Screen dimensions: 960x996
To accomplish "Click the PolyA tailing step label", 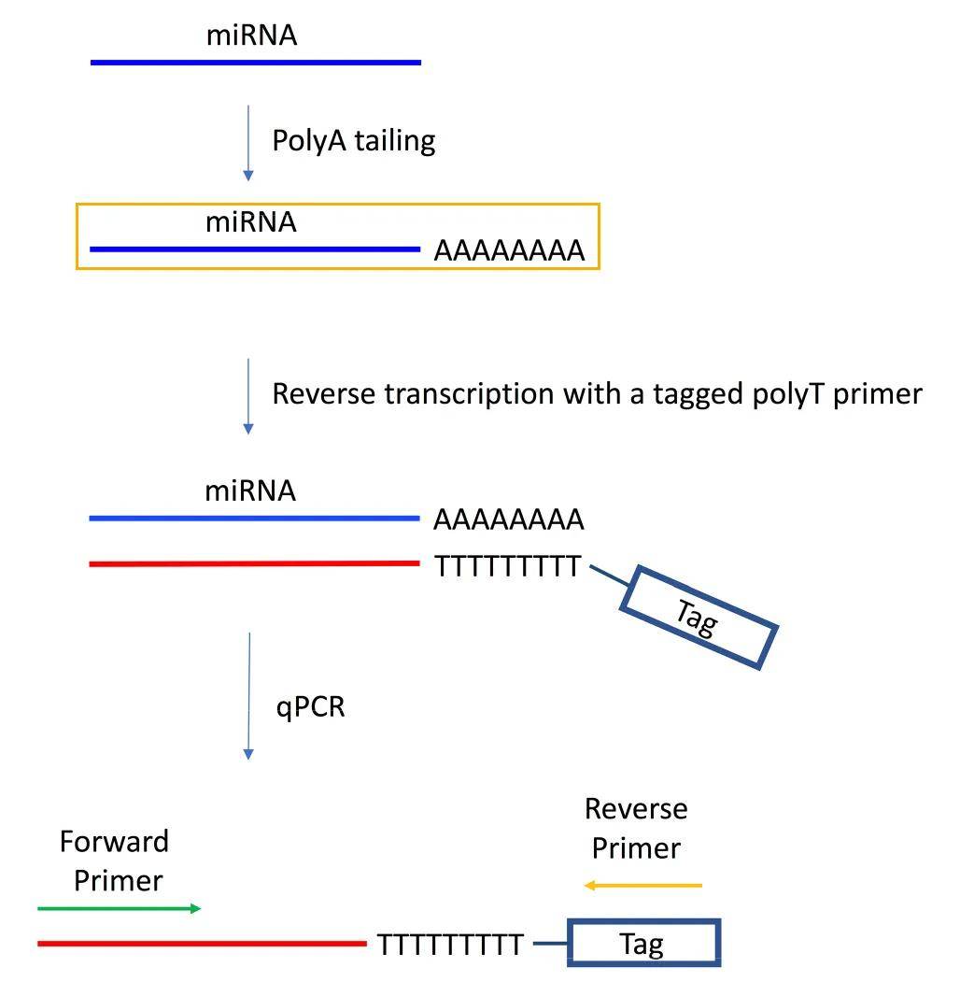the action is (354, 141).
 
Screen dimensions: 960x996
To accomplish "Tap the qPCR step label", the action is (310, 707).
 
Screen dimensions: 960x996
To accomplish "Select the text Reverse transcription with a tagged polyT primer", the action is (597, 394).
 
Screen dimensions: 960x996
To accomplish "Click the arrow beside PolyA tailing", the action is (248, 143).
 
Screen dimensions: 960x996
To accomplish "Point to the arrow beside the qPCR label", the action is (249, 696).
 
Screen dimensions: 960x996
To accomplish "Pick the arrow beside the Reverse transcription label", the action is (248, 396).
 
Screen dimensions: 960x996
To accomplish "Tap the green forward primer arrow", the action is (120, 908).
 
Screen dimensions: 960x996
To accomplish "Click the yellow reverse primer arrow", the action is (642, 886).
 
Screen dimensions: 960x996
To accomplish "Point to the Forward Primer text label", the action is (115, 861).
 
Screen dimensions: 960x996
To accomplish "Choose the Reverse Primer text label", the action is (636, 829).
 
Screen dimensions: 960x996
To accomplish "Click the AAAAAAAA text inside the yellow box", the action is (509, 251).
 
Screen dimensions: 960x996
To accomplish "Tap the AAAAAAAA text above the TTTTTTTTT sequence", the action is (509, 519).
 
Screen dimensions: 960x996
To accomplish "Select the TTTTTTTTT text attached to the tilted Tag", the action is (508, 566).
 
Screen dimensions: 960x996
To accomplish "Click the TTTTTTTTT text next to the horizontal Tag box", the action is (450, 946).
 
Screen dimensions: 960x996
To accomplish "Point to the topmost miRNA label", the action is (252, 36).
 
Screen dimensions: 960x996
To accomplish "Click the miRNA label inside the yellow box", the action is (251, 222).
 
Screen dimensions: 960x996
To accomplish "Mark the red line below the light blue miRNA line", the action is (254, 563).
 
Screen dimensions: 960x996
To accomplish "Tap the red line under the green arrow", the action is (202, 944).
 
